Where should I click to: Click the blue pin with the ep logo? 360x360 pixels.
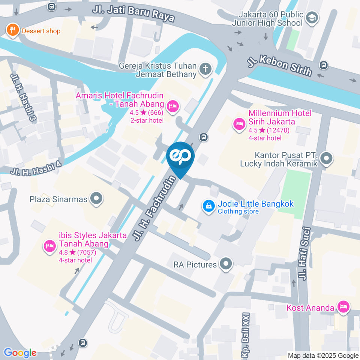(x=180, y=157)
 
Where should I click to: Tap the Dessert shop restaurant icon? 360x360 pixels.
(x=13, y=30)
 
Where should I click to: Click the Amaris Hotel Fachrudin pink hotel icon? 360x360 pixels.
(x=172, y=106)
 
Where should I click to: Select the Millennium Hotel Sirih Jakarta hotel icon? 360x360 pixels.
(x=239, y=124)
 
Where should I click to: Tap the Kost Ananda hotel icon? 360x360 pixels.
(x=343, y=307)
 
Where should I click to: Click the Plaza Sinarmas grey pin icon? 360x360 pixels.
(x=97, y=198)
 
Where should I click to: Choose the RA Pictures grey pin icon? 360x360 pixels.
(x=226, y=264)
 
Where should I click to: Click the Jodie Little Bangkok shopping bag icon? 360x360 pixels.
(x=208, y=206)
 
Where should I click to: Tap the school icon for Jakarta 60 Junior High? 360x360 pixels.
(x=312, y=17)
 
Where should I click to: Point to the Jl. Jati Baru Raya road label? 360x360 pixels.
(x=133, y=13)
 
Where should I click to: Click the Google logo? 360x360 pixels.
(x=20, y=353)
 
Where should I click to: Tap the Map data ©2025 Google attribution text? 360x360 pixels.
(x=323, y=355)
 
